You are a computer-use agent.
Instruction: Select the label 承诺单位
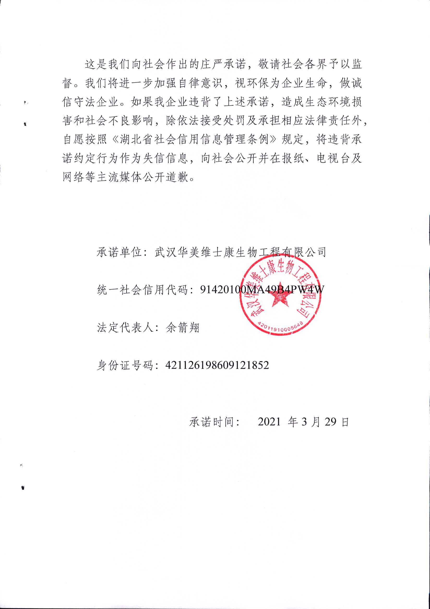[x=119, y=252]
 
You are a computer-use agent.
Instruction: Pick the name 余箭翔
[x=183, y=328]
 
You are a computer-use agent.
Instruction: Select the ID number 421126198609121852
[x=217, y=365]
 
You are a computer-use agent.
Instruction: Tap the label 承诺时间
[x=212, y=422]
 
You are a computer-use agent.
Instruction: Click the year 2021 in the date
[x=269, y=422]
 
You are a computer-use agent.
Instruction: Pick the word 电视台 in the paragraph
[x=333, y=158]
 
